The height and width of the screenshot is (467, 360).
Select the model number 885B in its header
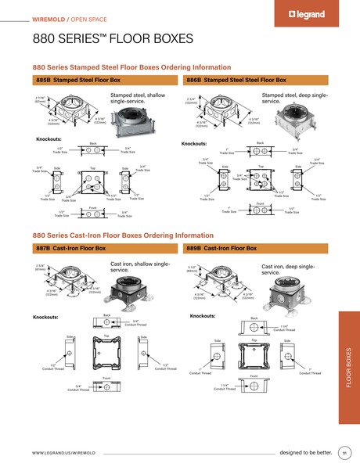[x=45, y=80]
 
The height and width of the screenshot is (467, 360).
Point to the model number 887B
[x=45, y=248]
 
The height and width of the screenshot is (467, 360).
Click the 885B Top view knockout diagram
[x=92, y=182]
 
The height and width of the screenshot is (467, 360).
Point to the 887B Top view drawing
[x=106, y=352]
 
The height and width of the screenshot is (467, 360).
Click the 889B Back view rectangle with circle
[x=254, y=328]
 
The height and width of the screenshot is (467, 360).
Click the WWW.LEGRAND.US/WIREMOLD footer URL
[x=64, y=453]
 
